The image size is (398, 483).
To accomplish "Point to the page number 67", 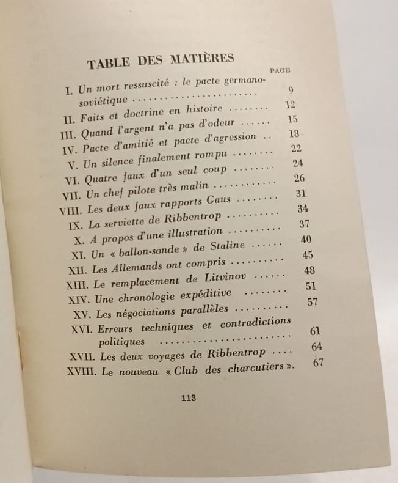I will click(317, 363).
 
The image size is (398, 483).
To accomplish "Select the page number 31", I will click(300, 193).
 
